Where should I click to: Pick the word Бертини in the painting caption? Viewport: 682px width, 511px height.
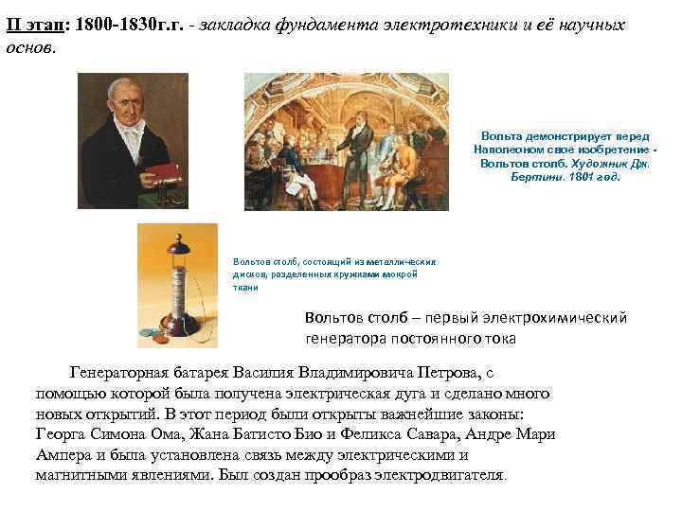click(534, 177)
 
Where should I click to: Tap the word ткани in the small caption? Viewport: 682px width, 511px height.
click(245, 287)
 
